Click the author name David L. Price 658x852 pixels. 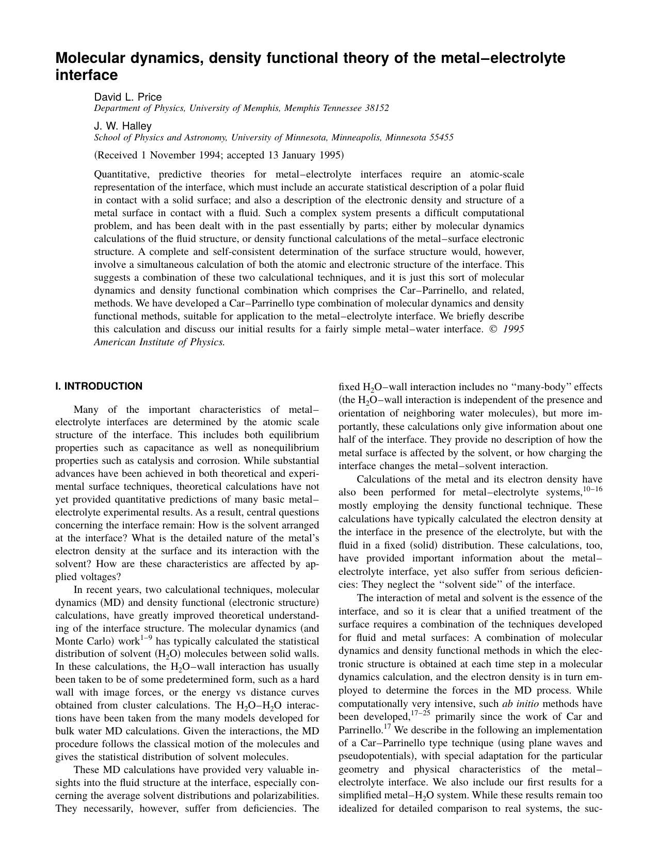coord(127,97)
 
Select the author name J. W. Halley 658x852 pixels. coord(122,126)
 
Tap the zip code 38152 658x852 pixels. coord(377,108)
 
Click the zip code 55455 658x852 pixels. coord(441,138)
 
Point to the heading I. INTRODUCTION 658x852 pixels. coord(99,387)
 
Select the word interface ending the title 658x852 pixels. coord(86,75)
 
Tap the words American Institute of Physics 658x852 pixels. coord(159,342)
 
